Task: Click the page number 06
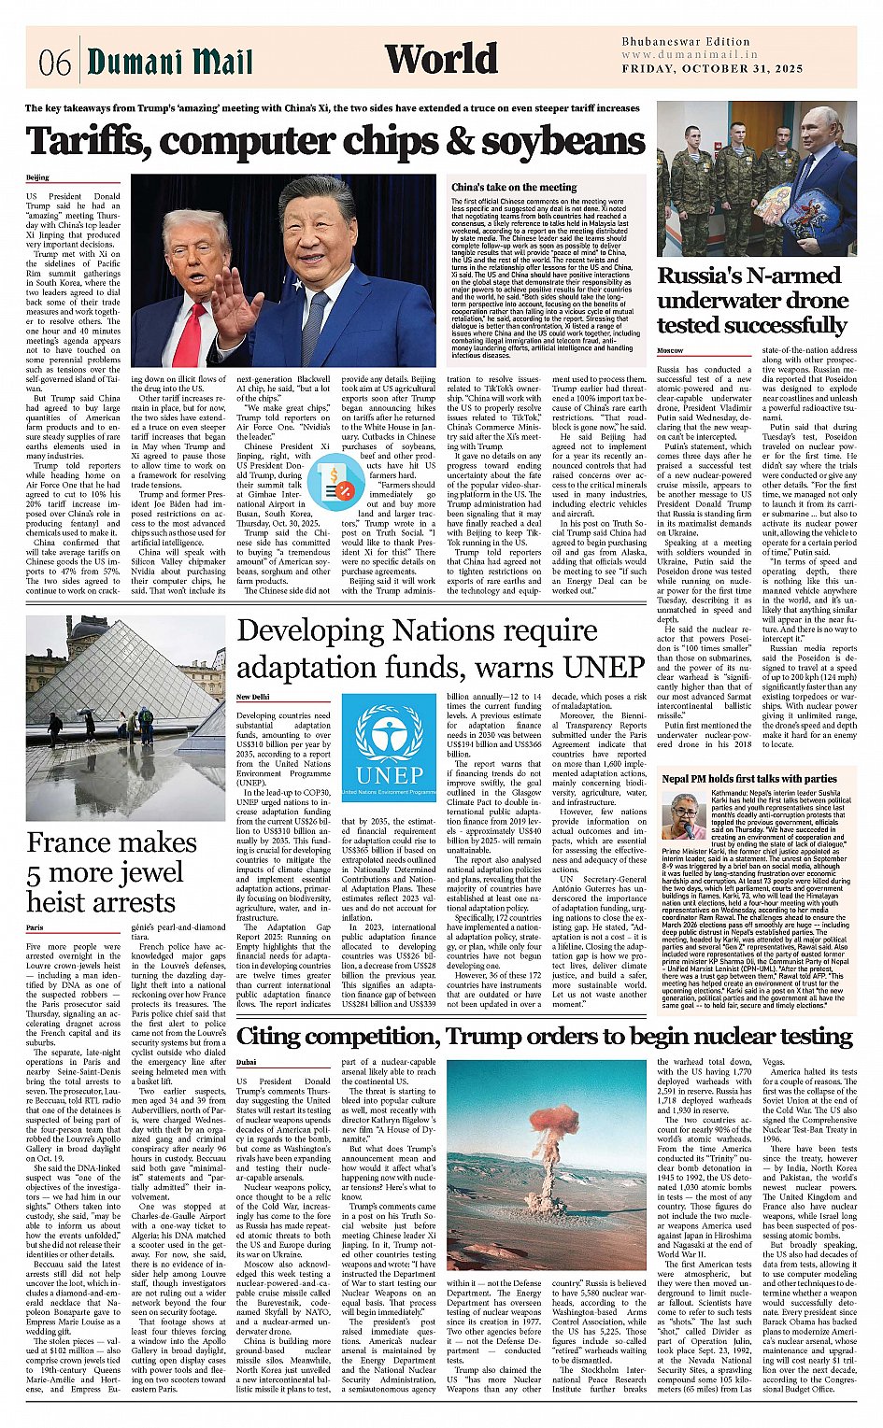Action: (x=55, y=62)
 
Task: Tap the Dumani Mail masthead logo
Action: (x=170, y=62)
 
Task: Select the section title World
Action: (x=441, y=59)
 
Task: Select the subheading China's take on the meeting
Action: (x=514, y=187)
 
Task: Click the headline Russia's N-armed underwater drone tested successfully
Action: (x=751, y=300)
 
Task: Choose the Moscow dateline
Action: (x=670, y=350)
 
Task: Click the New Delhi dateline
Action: (x=252, y=697)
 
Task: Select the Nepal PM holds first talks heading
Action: (x=748, y=778)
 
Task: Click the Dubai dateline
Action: (x=247, y=1062)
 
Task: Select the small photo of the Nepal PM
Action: (x=684, y=815)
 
